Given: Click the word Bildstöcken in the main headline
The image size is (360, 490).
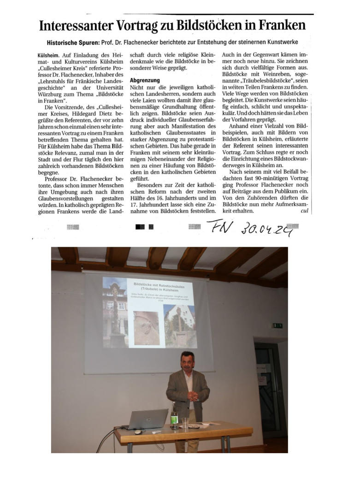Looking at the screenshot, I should click(x=213, y=24).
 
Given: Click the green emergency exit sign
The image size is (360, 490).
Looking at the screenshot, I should click(x=277, y=325).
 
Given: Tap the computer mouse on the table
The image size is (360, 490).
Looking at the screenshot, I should click(x=137, y=431).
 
